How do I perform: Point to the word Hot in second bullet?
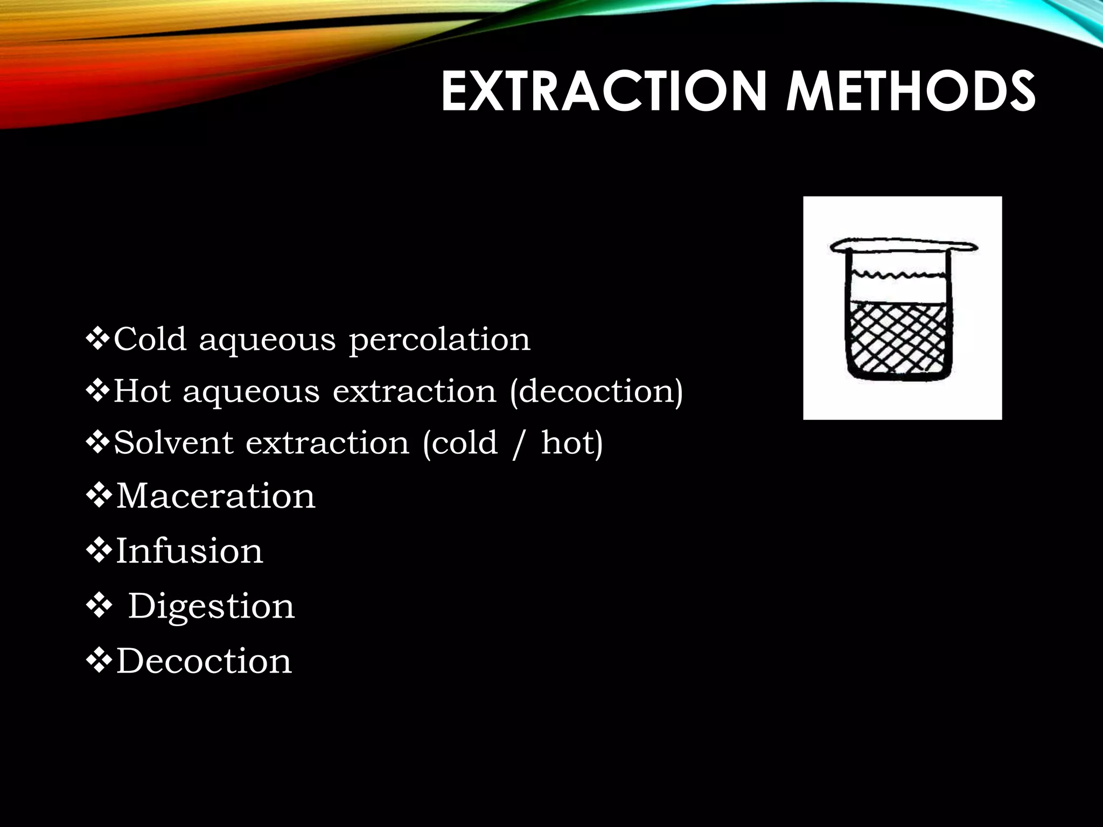(141, 391)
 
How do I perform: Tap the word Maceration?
(215, 496)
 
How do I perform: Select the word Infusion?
(189, 551)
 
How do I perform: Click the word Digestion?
(211, 607)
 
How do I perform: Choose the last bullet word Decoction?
(204, 661)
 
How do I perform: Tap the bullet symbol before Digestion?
(99, 607)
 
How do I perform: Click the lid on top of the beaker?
(903, 247)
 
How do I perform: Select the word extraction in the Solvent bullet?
(327, 443)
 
